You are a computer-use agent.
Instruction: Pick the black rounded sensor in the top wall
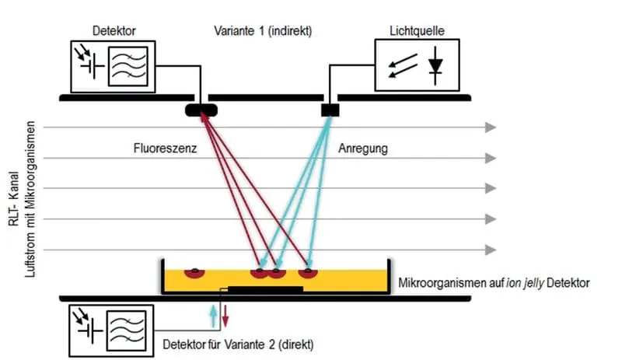pos(201,110)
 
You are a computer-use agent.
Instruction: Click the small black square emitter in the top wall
pos(330,110)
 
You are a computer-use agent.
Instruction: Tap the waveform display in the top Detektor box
pos(128,68)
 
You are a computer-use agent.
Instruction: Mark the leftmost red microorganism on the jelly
pos(193,273)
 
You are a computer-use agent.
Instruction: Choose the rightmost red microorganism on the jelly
pos(309,273)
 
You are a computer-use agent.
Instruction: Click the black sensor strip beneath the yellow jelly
pos(265,290)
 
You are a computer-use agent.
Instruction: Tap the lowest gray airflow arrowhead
pos(490,250)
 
